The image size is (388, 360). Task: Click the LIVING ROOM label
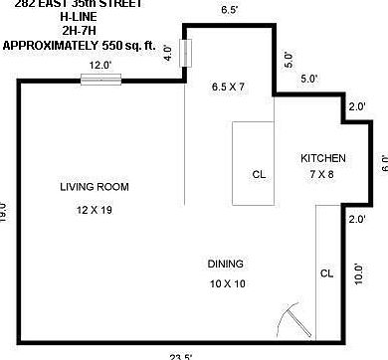(x=94, y=187)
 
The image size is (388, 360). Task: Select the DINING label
(x=226, y=264)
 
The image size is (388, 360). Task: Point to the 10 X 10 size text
(x=226, y=284)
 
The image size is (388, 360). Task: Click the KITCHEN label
(x=323, y=159)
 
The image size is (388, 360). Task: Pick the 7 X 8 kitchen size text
(x=321, y=175)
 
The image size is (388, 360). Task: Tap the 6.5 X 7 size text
(x=228, y=87)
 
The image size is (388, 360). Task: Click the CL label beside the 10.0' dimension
(x=327, y=272)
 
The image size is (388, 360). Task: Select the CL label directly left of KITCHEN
(x=259, y=174)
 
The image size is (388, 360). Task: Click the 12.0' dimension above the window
(x=100, y=65)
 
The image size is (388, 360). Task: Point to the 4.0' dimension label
(x=169, y=50)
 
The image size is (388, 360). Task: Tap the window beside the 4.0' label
(x=184, y=51)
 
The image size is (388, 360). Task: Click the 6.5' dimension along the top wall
(x=228, y=10)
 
